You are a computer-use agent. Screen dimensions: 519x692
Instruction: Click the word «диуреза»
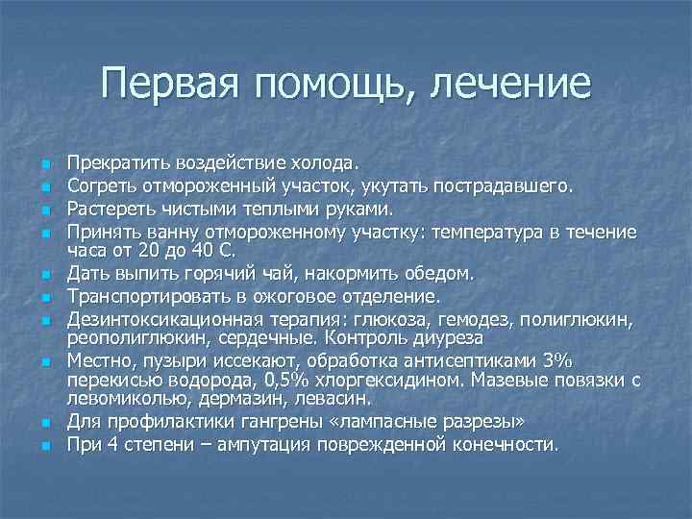451,337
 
